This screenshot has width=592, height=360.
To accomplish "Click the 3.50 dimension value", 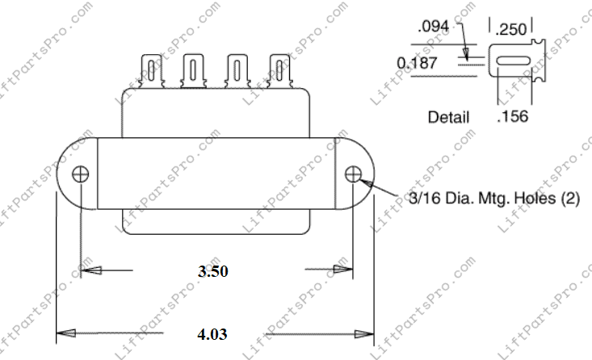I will [213, 271].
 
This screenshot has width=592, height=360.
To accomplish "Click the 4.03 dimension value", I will [213, 333].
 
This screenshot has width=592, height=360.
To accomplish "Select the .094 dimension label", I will [435, 26].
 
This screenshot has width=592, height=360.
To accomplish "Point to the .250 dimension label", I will [511, 30].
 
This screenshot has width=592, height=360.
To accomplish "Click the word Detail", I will [448, 117].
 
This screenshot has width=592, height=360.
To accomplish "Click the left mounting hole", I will [81, 174].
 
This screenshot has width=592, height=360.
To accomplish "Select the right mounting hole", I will [353, 174].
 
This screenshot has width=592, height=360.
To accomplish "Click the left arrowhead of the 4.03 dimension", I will [63, 333].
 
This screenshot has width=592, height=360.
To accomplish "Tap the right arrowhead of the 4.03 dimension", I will [366, 333].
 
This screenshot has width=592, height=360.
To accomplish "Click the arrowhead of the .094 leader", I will [466, 53].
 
